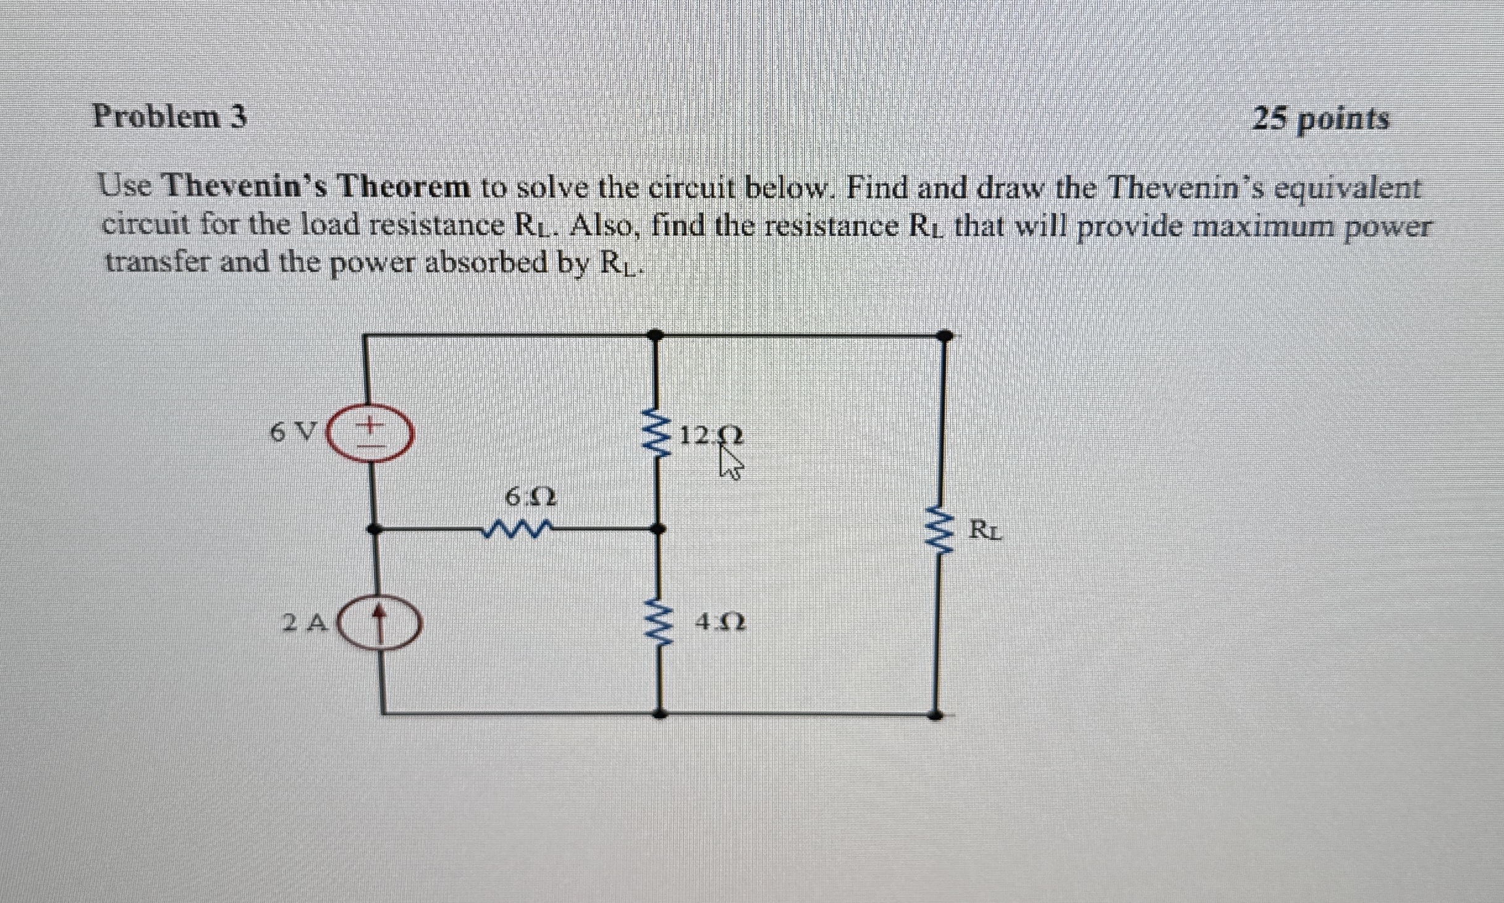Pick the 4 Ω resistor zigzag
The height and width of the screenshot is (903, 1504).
(660, 624)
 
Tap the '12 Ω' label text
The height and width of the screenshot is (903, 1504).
(711, 436)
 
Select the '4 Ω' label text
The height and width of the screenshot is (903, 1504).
(720, 623)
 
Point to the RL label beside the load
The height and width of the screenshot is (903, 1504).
(986, 530)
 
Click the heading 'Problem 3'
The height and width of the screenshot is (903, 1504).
(170, 117)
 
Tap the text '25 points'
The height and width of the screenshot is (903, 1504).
(1320, 119)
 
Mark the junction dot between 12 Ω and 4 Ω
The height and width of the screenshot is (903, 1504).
(659, 529)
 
